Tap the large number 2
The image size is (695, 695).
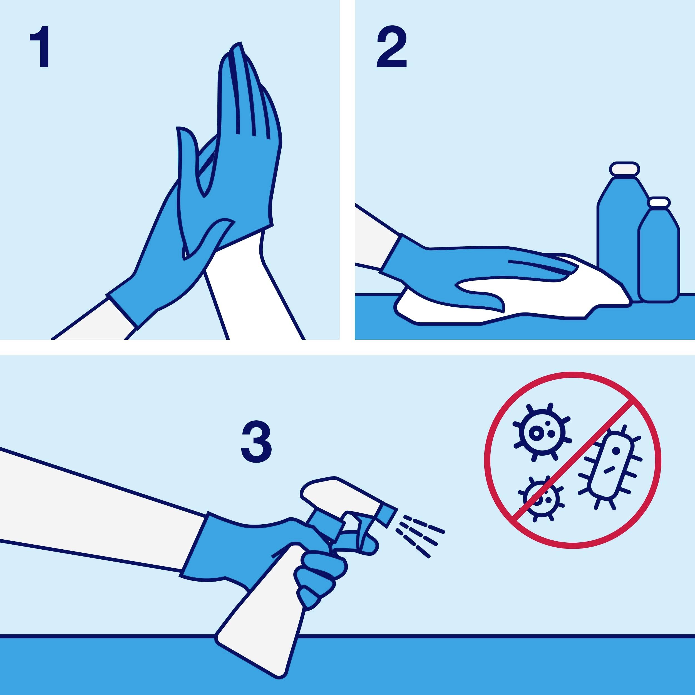point(391,47)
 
